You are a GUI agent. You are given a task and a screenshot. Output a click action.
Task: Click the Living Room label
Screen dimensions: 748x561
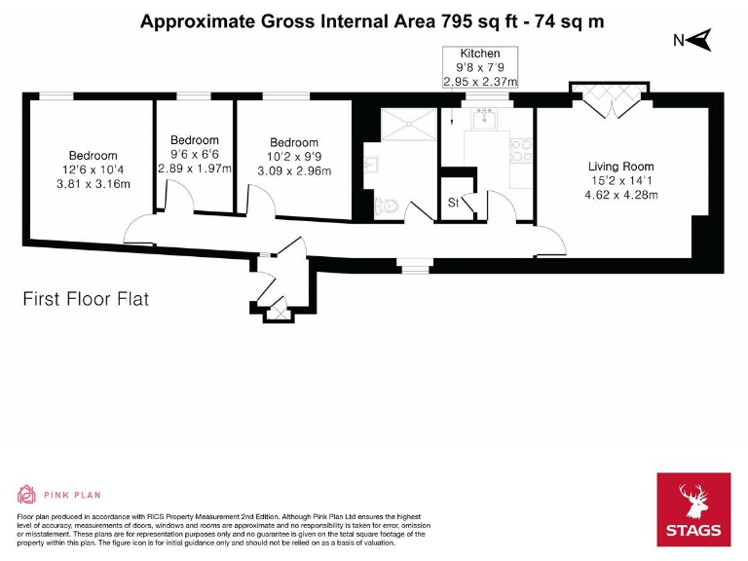pyautogui.click(x=620, y=167)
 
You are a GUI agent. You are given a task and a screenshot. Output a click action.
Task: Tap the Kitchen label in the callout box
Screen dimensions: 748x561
pyautogui.click(x=480, y=54)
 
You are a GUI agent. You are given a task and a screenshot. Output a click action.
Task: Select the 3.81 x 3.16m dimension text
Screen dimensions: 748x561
pyautogui.click(x=93, y=184)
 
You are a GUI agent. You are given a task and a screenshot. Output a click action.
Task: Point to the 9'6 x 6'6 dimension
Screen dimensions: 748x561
pyautogui.click(x=195, y=154)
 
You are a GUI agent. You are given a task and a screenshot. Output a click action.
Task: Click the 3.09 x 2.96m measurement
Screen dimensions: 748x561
pyautogui.click(x=294, y=170)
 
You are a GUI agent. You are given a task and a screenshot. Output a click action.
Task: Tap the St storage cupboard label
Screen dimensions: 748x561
pyautogui.click(x=453, y=203)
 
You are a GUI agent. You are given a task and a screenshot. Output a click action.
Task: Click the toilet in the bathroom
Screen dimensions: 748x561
pyautogui.click(x=386, y=206)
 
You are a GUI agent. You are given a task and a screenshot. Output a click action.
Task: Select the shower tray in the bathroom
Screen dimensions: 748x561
pyautogui.click(x=409, y=124)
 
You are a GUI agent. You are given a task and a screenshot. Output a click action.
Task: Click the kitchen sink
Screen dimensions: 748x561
pyautogui.click(x=484, y=118)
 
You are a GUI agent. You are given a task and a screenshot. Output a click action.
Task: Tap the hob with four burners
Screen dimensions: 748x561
pyautogui.click(x=521, y=151)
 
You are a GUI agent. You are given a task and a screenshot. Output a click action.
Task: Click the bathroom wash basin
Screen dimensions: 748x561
pyautogui.click(x=371, y=165)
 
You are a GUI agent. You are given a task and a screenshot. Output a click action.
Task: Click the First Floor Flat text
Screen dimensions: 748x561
pyautogui.click(x=86, y=299)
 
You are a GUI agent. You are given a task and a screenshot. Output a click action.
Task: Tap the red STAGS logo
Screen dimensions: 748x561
pyautogui.click(x=693, y=509)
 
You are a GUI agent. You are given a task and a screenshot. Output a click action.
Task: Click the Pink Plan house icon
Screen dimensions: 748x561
pyautogui.click(x=26, y=495)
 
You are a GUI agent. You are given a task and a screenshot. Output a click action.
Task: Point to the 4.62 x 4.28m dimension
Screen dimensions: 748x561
pyautogui.click(x=621, y=195)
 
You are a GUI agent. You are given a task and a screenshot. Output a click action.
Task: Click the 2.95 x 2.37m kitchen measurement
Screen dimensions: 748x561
pyautogui.click(x=480, y=82)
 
